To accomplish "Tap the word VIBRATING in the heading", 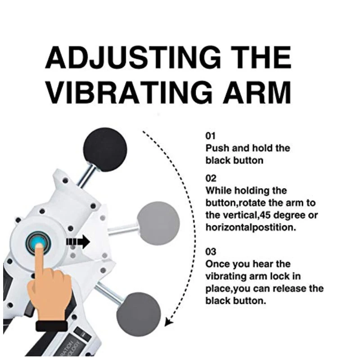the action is tap(129, 93).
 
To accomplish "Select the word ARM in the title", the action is tap(257, 93).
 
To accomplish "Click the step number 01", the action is tap(210, 136).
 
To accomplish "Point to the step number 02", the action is tap(211, 178).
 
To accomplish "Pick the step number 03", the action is tap(211, 252).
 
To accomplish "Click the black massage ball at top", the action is tap(105, 150).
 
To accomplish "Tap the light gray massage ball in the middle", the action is tap(158, 223).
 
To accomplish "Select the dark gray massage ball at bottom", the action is tap(139, 315).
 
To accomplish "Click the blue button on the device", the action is tap(38, 243).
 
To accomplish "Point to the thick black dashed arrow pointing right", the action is tap(78, 242).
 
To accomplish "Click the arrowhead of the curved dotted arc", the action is tap(169, 322).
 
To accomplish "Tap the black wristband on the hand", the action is tap(52, 326).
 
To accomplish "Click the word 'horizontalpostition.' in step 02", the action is tap(251, 228).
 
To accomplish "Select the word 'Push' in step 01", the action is tap(217, 148).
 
